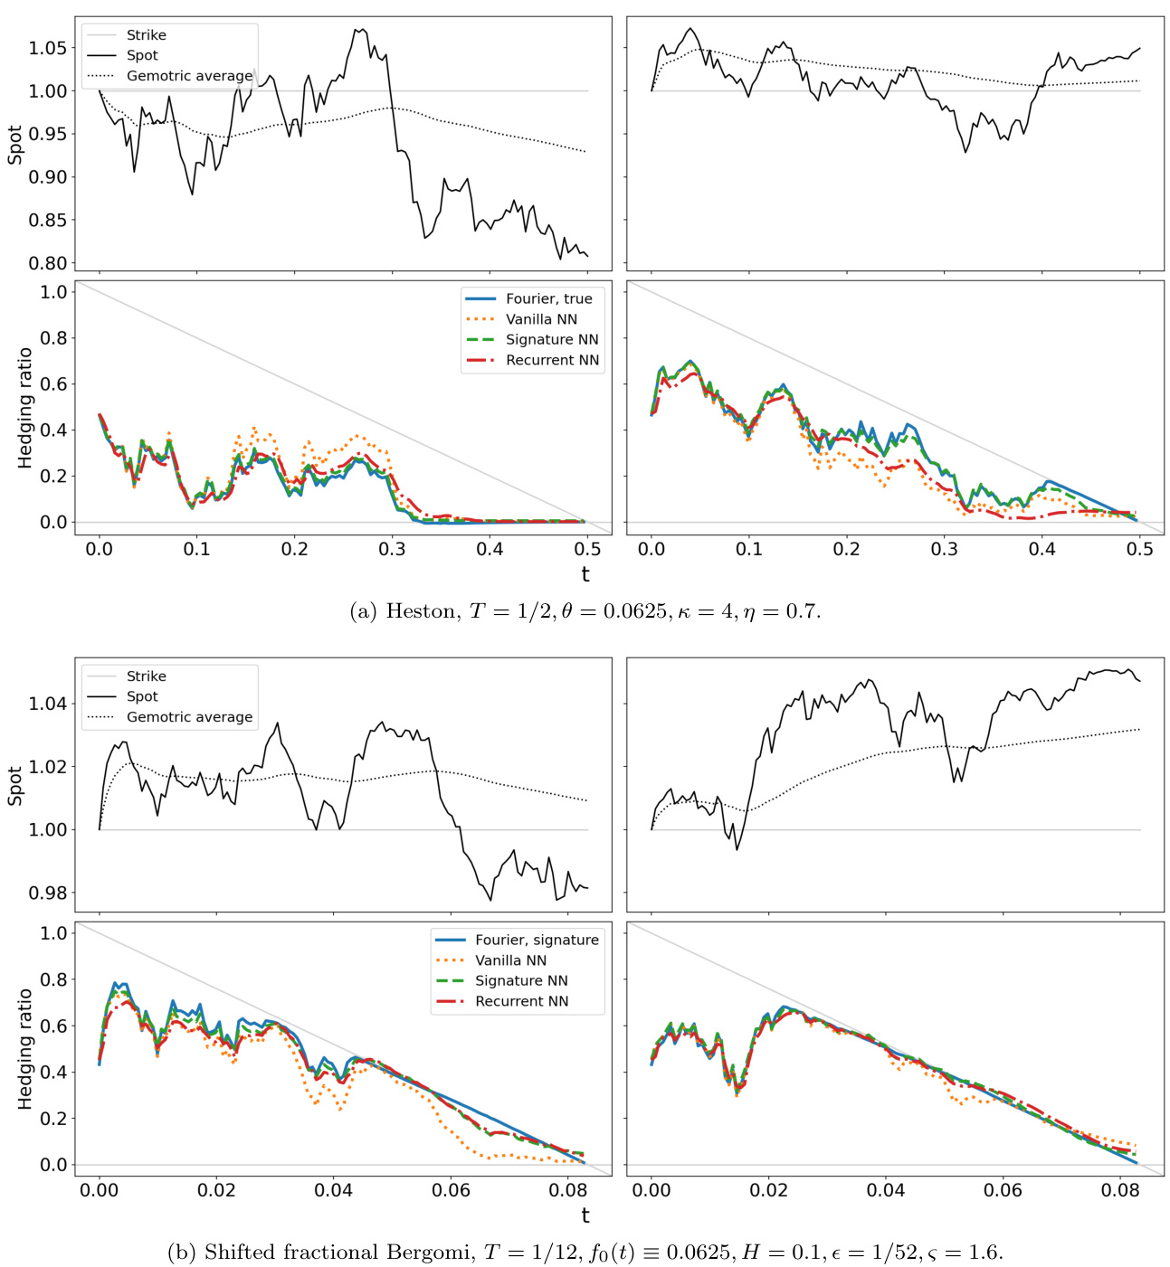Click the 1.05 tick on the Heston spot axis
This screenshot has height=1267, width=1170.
[x=47, y=48]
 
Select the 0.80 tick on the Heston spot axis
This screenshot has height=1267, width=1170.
[x=47, y=263]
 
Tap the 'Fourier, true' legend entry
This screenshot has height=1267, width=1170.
[x=548, y=298]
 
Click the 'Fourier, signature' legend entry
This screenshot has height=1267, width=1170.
[x=537, y=940]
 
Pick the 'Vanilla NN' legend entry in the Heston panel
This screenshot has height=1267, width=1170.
[x=541, y=319]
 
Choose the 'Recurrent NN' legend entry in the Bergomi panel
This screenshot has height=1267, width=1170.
[x=521, y=1001]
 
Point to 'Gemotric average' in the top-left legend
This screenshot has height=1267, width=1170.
[x=189, y=76]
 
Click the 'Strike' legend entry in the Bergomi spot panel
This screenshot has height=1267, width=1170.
[x=146, y=676]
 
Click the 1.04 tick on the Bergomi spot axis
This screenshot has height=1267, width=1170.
[x=47, y=704]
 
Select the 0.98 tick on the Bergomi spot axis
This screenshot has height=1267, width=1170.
[x=47, y=893]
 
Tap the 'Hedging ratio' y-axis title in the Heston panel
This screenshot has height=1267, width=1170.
[x=25, y=408]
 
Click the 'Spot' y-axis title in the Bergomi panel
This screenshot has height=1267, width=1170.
[x=15, y=786]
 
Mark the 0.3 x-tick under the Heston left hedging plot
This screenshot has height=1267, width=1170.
[x=392, y=549]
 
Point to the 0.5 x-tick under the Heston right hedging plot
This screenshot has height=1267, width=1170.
[x=1139, y=549]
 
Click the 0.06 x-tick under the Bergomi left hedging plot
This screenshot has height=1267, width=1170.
[x=451, y=1190]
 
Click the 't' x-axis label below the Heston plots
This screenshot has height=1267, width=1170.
[x=585, y=574]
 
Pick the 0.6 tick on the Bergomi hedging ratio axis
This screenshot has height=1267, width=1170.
[x=53, y=1026]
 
